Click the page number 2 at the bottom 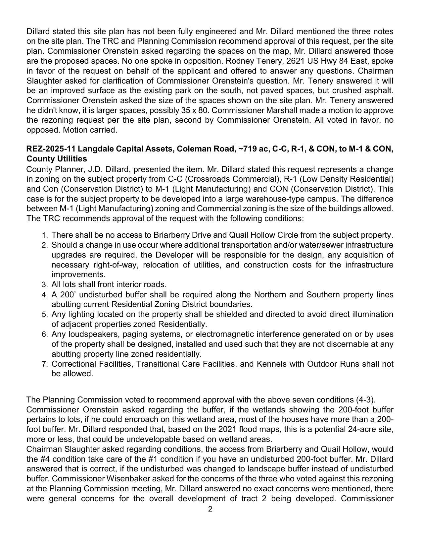tap(210, 509)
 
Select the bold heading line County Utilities tap(57, 159)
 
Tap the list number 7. tap(45, 364)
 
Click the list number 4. tap(45, 295)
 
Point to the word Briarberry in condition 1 tap(172, 235)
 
